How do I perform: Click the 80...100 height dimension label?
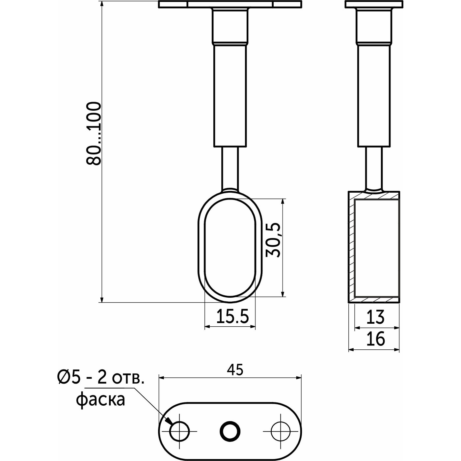tap(94, 133)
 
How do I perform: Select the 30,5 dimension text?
tap(273, 240)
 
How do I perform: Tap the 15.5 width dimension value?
tap(232, 316)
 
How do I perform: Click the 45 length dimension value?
tap(235, 370)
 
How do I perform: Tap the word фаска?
tap(101, 399)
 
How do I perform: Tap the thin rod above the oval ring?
tap(230, 168)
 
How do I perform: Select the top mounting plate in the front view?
tap(230, 4)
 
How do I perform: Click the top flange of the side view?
tap(374, 4)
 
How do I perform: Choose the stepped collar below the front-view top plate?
tap(230, 26)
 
